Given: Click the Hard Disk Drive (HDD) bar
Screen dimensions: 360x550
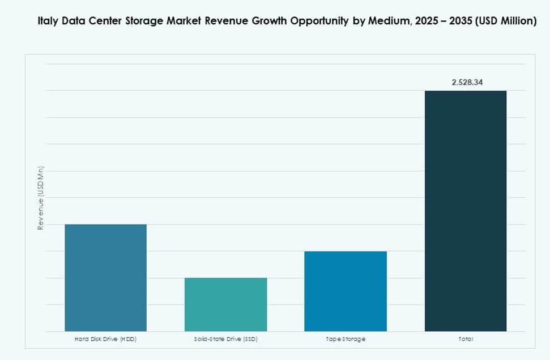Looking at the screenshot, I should click(105, 277).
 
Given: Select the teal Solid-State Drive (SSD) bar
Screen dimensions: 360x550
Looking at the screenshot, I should click(225, 304).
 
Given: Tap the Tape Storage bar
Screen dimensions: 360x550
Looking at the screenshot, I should click(346, 291).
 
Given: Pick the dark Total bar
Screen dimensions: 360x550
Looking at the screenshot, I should click(466, 210).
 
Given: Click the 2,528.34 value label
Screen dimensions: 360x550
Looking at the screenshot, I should click(467, 82).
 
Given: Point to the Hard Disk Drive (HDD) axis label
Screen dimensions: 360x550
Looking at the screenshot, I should click(105, 339).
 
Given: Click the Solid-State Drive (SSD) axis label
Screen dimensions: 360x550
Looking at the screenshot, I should click(225, 339).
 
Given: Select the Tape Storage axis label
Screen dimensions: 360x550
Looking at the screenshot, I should click(346, 339).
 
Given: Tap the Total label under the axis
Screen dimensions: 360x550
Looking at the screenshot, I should click(466, 339).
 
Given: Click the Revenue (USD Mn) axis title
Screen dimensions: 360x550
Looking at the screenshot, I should click(41, 199).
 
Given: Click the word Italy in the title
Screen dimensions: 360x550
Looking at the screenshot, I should click(48, 22).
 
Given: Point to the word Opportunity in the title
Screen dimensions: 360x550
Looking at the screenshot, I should click(319, 22).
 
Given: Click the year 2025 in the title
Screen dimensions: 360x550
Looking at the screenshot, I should click(425, 22).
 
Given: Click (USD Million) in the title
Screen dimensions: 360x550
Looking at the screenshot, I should click(506, 22).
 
